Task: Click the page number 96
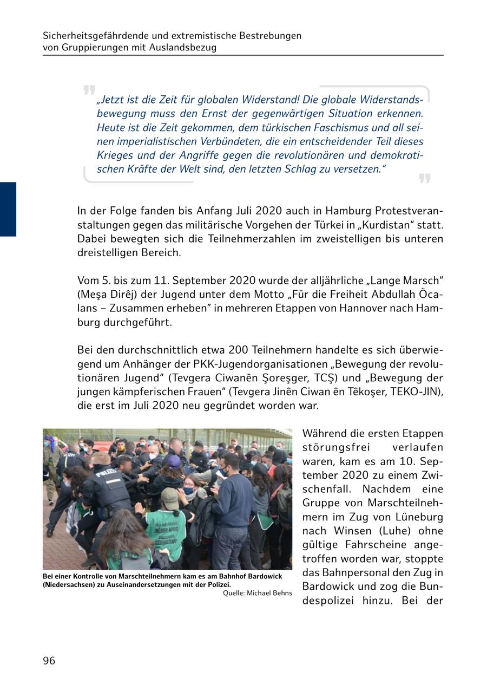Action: tap(49, 661)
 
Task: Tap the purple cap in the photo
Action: tap(174, 461)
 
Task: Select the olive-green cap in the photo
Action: tap(170, 496)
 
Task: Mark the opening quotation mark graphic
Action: tap(89, 90)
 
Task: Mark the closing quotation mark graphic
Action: tap(425, 179)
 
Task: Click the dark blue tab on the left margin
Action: tap(8, 209)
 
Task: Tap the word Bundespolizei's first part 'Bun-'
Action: tap(431, 586)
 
